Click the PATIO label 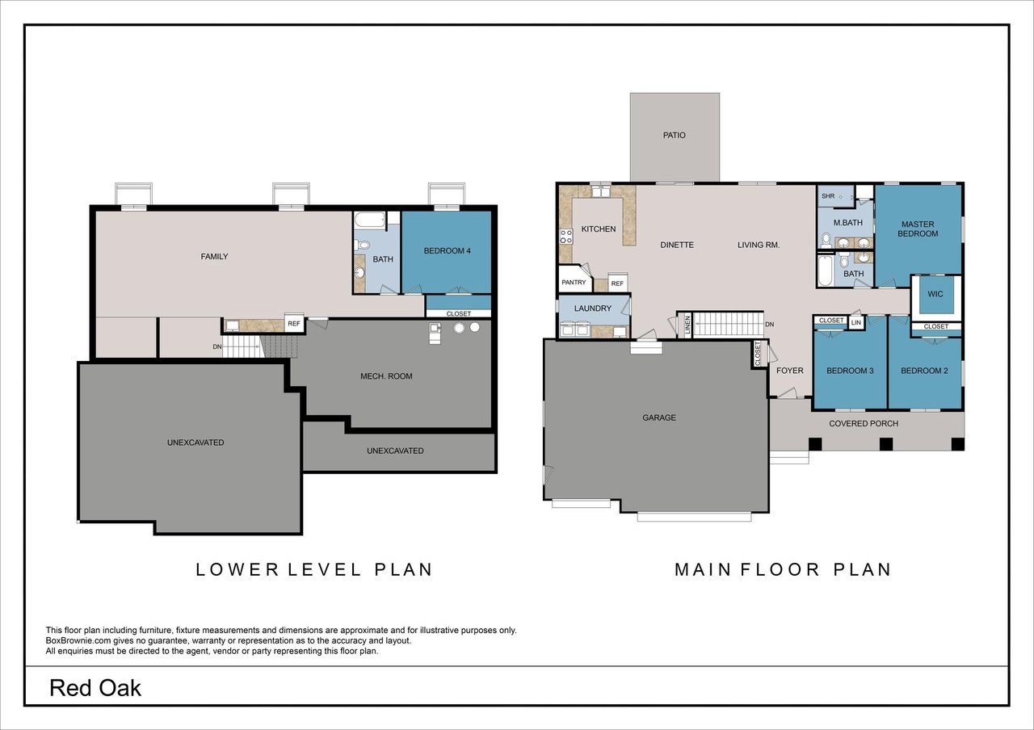coord(674,135)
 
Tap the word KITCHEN coord(599,229)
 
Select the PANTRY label coord(574,283)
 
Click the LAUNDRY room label coord(593,308)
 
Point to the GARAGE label coord(658,417)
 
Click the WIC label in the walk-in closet coord(935,294)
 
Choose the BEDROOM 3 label coord(850,371)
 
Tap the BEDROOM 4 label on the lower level coord(447,250)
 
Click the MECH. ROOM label coord(386,376)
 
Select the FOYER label coord(789,371)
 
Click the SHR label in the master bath coord(828,196)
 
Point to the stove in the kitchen coord(566,237)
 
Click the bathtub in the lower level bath coord(370,220)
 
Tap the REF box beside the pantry coord(617,283)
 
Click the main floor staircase coord(729,325)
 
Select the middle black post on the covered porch coord(886,444)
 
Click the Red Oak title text coord(95,688)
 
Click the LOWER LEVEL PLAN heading coord(314,569)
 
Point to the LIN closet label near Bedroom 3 coord(855,322)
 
